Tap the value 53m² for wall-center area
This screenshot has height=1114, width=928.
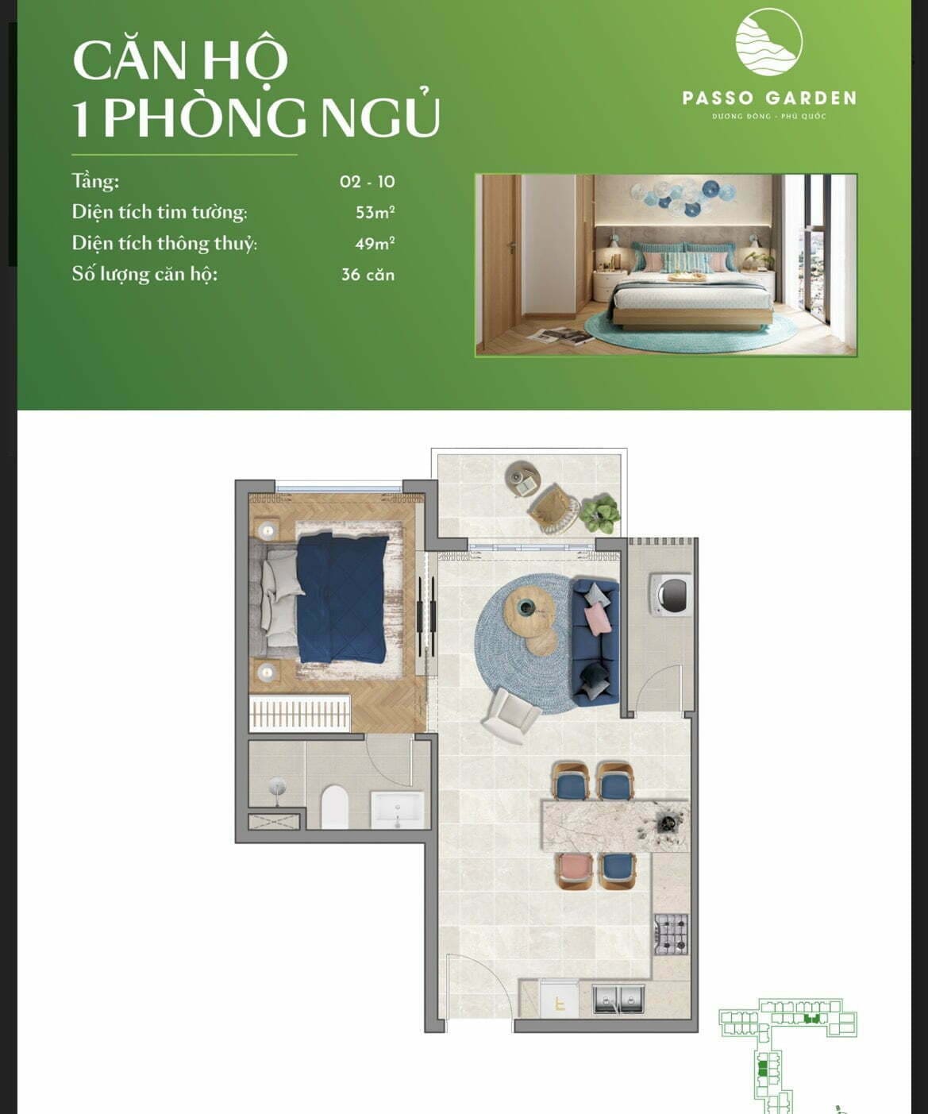click(375, 212)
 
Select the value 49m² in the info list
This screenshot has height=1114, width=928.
click(375, 243)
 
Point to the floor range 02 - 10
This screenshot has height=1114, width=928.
click(368, 181)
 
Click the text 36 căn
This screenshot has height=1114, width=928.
click(368, 275)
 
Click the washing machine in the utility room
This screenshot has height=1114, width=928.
click(671, 593)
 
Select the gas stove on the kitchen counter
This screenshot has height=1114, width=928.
click(672, 934)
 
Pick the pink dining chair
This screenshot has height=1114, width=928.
click(574, 869)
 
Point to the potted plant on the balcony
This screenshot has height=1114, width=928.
click(600, 513)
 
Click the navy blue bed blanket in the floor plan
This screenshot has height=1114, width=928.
click(342, 599)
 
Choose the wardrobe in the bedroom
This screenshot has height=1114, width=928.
click(300, 713)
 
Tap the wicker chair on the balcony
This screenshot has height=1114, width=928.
click(553, 507)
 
